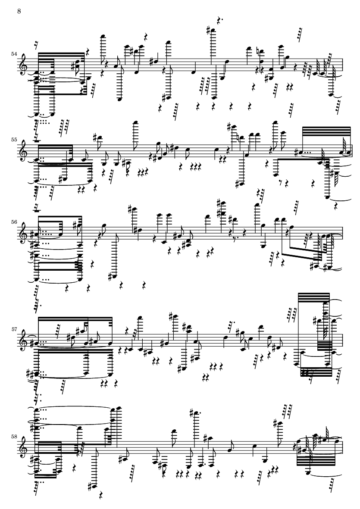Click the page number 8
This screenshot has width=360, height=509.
pyautogui.click(x=19, y=10)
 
